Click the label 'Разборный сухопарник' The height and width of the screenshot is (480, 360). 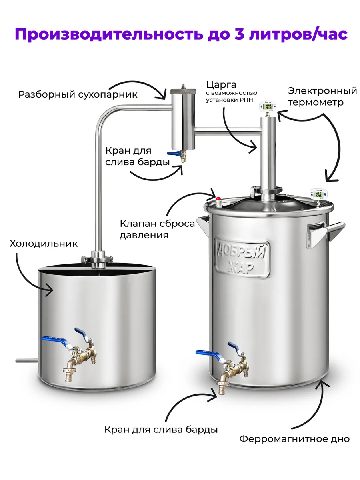(78, 95)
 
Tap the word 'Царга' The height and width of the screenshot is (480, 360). (221, 85)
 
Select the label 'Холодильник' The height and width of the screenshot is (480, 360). (44, 244)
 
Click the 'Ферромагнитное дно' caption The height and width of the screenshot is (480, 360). (294, 439)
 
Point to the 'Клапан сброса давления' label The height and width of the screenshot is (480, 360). (157, 229)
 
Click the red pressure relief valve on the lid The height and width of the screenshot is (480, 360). (219, 199)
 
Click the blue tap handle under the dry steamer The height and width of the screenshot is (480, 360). (173, 154)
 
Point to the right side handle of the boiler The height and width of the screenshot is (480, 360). (324, 232)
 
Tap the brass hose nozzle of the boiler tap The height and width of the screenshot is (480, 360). (221, 388)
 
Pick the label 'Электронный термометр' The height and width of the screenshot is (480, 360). (322, 96)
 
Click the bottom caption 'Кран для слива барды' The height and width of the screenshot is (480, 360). (161, 430)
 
